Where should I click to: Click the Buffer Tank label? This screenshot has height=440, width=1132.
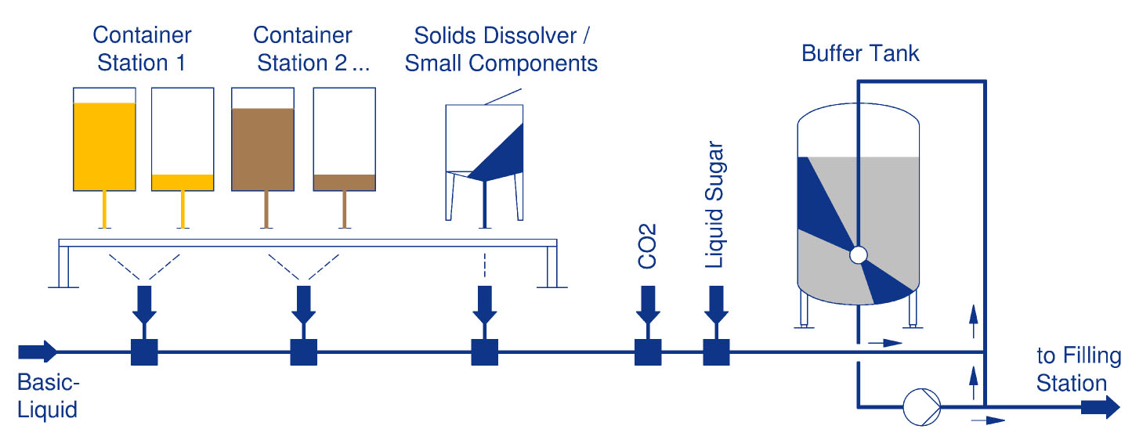pyautogui.click(x=860, y=54)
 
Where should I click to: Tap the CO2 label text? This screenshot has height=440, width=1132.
pyautogui.click(x=647, y=246)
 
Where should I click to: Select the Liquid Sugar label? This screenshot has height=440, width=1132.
pyautogui.click(x=714, y=207)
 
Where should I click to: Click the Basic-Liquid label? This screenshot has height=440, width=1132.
pyautogui.click(x=48, y=396)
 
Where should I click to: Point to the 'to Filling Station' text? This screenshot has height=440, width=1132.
pyautogui.click(x=1079, y=370)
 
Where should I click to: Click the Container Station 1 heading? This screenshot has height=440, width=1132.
pyautogui.click(x=142, y=49)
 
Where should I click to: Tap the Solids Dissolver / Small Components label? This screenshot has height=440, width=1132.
pyautogui.click(x=501, y=49)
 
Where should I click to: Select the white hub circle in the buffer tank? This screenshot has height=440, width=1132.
pyautogui.click(x=858, y=254)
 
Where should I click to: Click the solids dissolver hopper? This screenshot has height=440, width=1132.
pyautogui.click(x=484, y=145)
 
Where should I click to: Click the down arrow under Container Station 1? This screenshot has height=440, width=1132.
pyautogui.click(x=144, y=306)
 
